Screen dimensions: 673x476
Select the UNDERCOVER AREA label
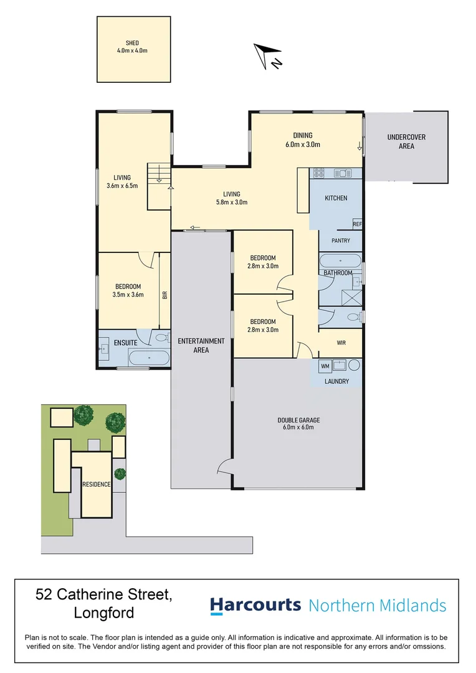coord(406,141)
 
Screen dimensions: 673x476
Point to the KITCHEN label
coord(336,198)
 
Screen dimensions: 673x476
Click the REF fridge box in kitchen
coord(356,224)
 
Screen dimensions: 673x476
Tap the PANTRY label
coord(340,241)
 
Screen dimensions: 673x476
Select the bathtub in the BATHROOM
coord(340,260)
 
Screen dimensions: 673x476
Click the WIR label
coord(340,341)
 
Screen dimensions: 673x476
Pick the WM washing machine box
coord(325,366)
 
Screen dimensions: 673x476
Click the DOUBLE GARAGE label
coord(298,424)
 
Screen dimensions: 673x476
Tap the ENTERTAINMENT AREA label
coord(201,345)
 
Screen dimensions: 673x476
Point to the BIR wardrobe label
coord(165,294)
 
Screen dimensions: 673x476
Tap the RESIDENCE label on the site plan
coord(96,484)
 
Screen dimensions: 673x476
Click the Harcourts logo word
coord(255,605)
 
